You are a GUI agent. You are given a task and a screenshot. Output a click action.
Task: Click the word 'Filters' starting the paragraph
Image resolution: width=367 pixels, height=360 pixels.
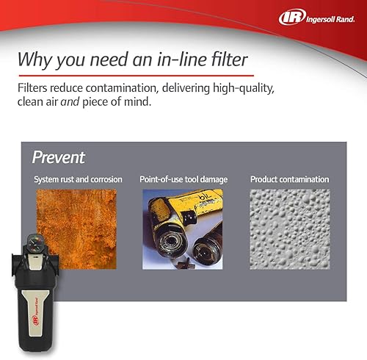(x=34, y=87)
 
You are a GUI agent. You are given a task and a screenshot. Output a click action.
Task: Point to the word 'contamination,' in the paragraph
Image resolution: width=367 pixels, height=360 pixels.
(x=130, y=87)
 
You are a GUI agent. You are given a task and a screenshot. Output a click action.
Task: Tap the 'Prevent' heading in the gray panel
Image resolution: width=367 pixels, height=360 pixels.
(x=59, y=157)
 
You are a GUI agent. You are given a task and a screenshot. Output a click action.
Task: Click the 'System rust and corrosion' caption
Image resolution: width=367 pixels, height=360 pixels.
(x=78, y=179)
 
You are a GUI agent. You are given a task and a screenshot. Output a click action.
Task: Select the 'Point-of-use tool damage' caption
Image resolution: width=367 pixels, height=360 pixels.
(x=183, y=179)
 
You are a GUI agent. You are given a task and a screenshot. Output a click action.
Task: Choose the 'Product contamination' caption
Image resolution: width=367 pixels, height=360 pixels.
(x=289, y=179)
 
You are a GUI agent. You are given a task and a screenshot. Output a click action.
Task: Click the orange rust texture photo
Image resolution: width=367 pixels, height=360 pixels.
(x=77, y=227)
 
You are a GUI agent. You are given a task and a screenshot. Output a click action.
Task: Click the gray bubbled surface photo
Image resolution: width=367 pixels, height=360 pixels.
(x=289, y=227)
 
